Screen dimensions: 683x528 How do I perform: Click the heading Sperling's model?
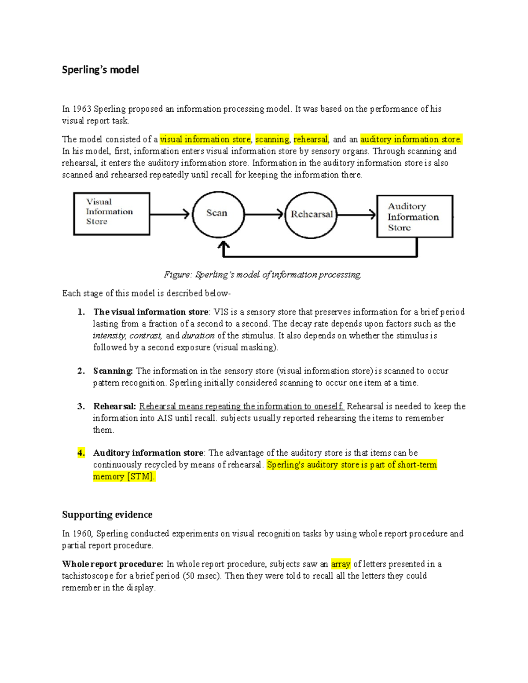pos(100,69)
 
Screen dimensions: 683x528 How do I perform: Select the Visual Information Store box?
pos(111,214)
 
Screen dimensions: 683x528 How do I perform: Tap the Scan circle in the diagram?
pos(218,214)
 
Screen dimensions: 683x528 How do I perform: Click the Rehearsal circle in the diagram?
pos(311,215)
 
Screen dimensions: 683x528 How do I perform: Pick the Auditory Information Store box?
pos(414,216)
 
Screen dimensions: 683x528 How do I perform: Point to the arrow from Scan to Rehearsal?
pos(264,215)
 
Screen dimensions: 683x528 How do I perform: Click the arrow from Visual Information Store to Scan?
pos(170,215)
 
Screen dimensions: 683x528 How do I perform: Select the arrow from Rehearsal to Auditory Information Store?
pos(357,215)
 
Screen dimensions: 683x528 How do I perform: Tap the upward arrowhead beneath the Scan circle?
pos(224,245)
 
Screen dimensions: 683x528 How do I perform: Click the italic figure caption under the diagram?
pos(263,275)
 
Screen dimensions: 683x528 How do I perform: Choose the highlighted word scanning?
pos(272,139)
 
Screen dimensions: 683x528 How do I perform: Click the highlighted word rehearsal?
pos(311,139)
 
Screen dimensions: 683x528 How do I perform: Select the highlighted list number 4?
pos(81,453)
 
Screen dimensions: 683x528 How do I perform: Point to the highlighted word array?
pos(341,564)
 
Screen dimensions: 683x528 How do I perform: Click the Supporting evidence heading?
pos(107,515)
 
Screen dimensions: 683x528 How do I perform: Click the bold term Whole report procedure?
pos(113,564)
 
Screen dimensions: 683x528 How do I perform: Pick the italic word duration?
pos(198,336)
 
